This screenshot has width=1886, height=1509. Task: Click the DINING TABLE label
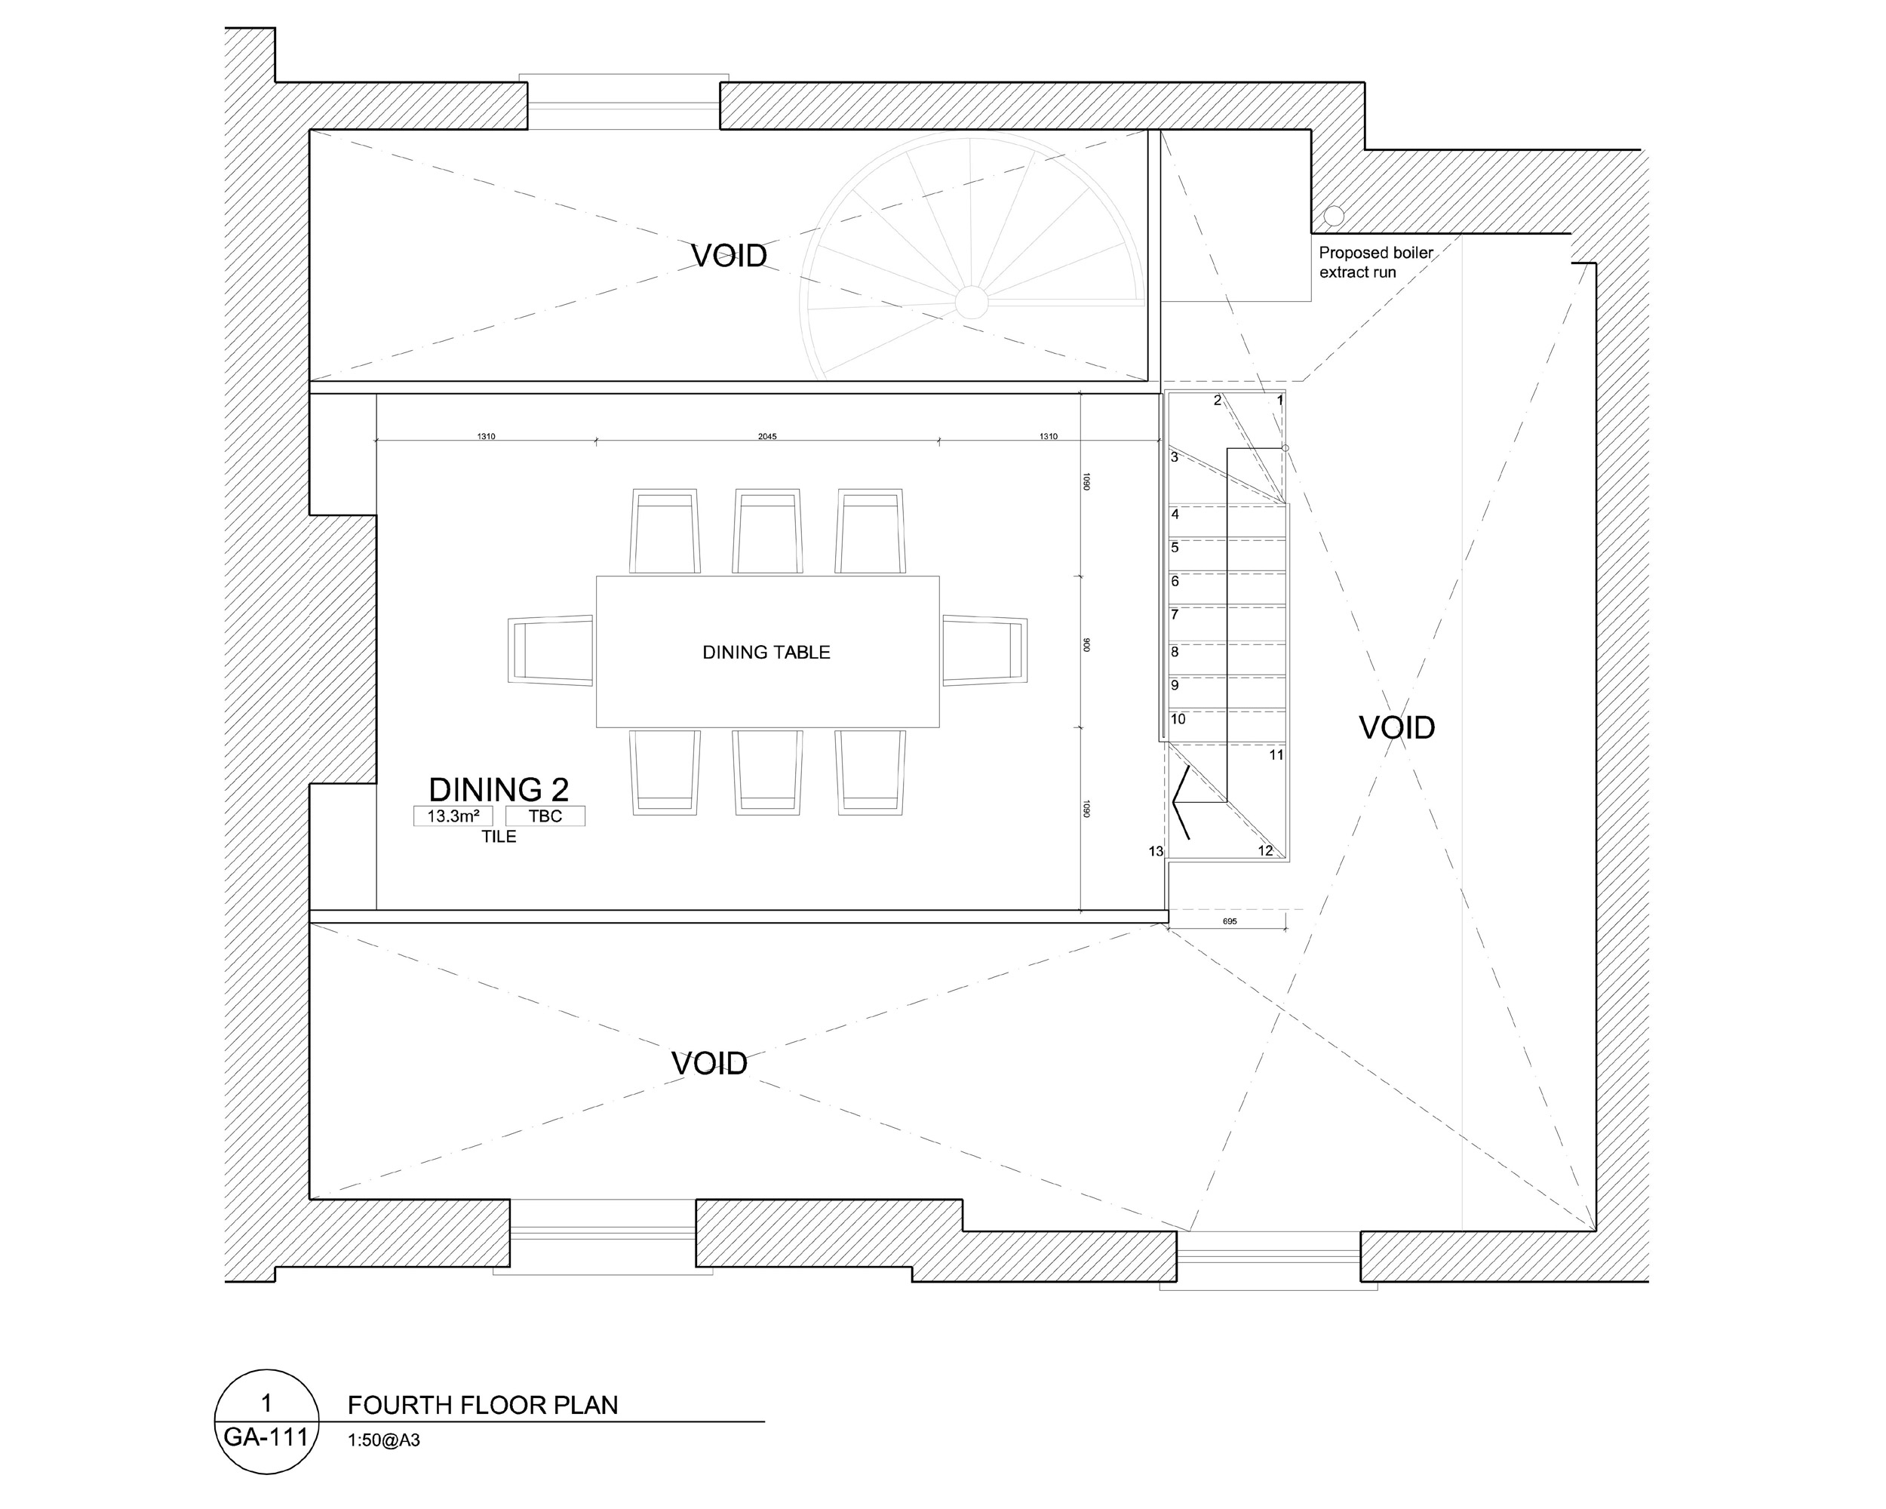coord(766,653)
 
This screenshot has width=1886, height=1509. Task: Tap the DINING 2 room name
coord(499,790)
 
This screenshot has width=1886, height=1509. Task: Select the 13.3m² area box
coord(453,816)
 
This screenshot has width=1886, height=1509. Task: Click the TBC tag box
coord(545,816)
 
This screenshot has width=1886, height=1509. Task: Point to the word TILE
coord(499,837)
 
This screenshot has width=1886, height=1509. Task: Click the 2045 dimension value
coord(767,437)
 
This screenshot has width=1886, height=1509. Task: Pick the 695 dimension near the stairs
coord(1229,921)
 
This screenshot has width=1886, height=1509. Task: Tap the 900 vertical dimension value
coord(1086,644)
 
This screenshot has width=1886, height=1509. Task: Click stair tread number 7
coord(1175,615)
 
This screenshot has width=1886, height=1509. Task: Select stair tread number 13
coord(1156,851)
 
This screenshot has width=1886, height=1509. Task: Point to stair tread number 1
coord(1279,401)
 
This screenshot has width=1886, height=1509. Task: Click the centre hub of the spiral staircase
coord(971,302)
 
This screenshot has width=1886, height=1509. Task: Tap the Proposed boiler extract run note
coord(1376,263)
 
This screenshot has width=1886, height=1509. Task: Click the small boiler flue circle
coord(1334,215)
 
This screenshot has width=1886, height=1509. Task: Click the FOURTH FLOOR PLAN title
coord(483,1405)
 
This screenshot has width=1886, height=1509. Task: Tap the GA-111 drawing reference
coord(266,1437)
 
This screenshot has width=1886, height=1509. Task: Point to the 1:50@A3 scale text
coord(383,1440)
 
